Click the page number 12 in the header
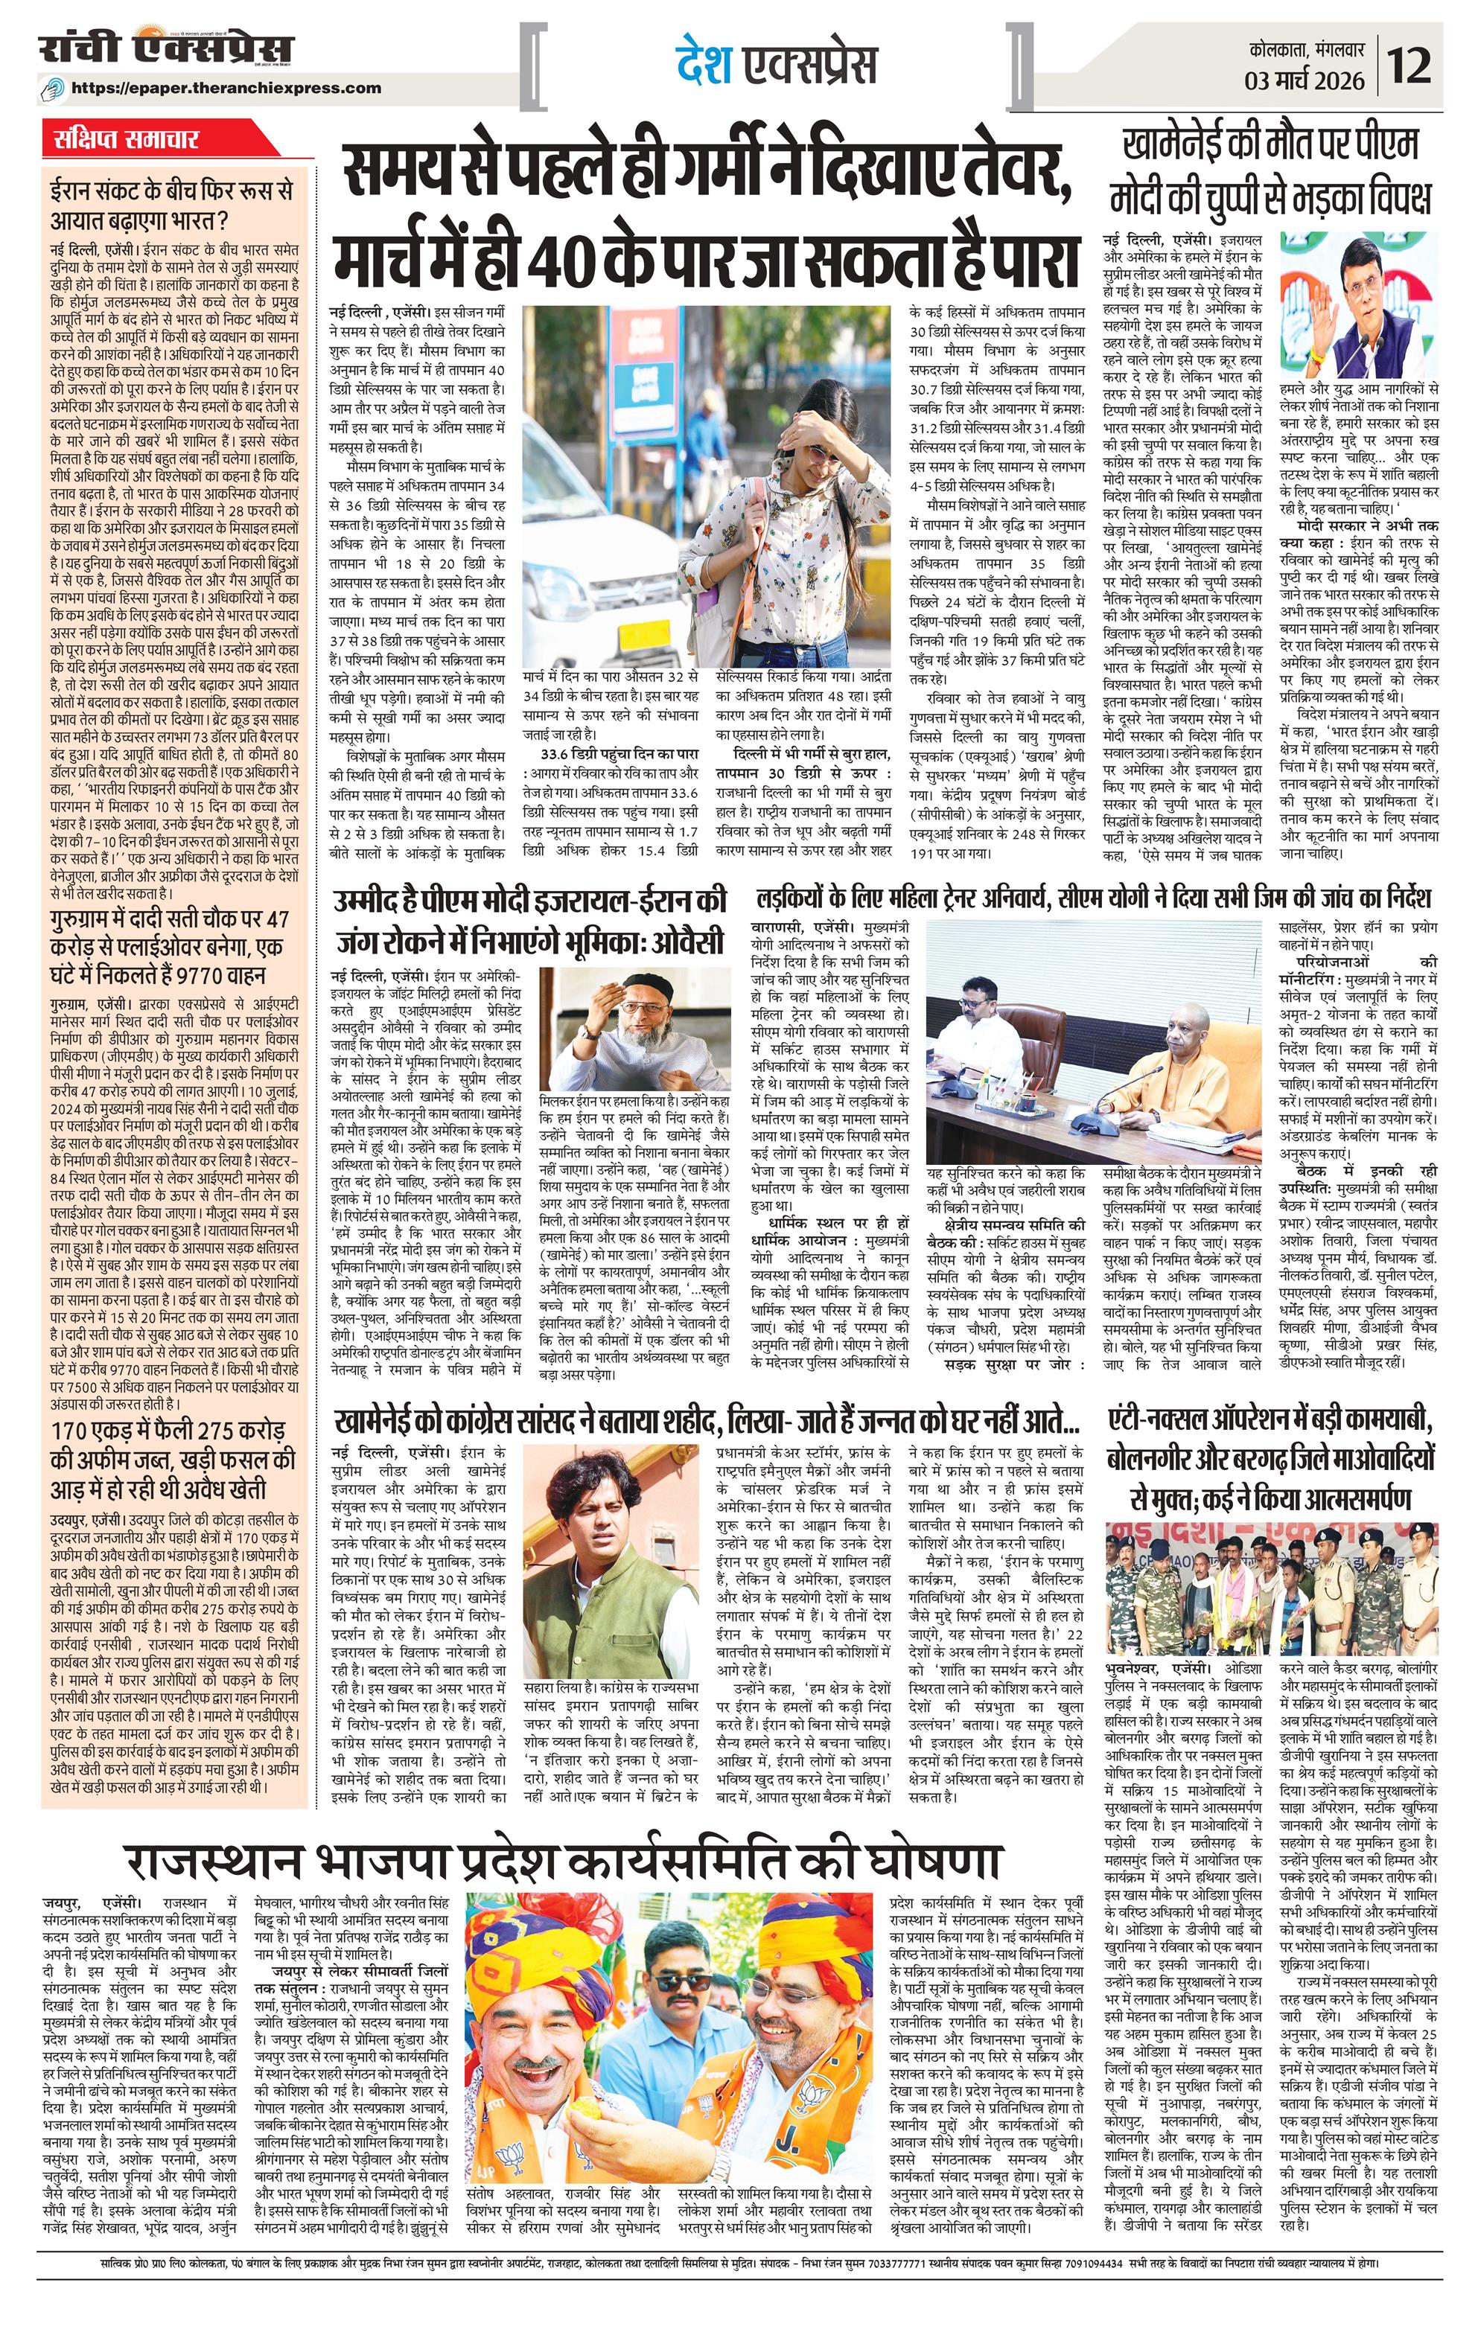tap(1424, 67)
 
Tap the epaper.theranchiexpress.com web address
tap(226, 87)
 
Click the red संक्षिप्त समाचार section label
tap(127, 139)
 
